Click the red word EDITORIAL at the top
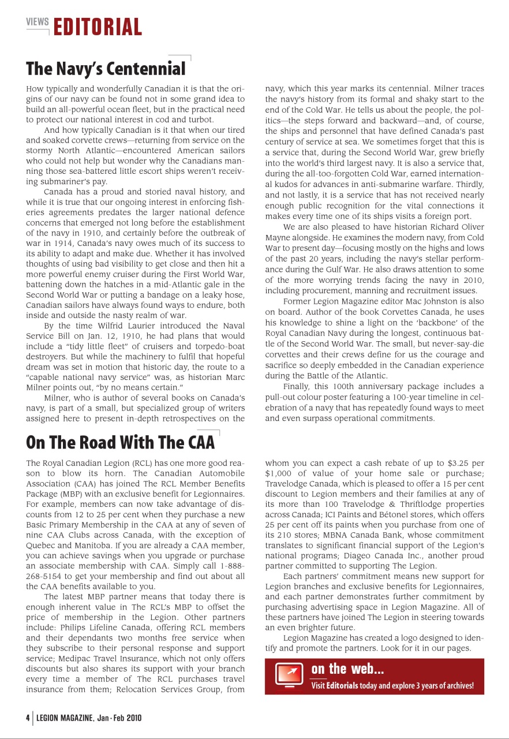point(98,28)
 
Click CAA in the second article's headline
point(201,443)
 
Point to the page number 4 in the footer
point(27,718)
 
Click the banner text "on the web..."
point(347,669)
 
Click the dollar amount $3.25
point(459,463)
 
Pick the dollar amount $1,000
point(278,473)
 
